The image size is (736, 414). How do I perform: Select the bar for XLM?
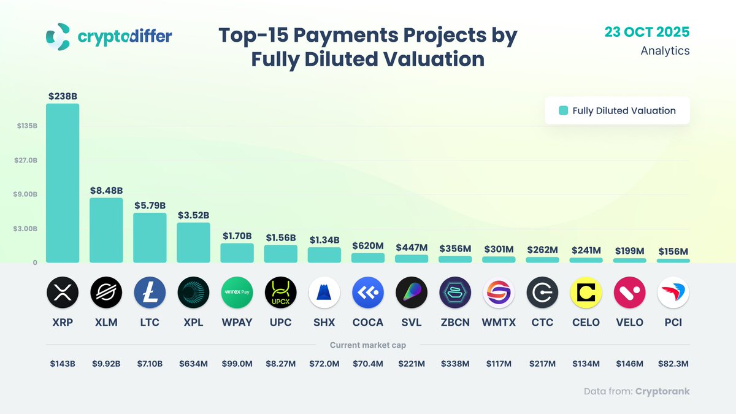[106, 230]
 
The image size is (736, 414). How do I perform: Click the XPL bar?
[193, 242]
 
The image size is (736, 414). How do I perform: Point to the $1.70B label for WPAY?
[237, 236]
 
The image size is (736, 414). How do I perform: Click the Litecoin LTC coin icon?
[150, 293]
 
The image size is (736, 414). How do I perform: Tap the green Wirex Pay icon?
[237, 293]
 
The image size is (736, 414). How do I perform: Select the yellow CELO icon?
[586, 293]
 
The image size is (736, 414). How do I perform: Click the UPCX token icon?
[280, 293]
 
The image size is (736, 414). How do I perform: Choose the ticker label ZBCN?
[455, 323]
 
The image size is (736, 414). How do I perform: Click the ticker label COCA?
[368, 323]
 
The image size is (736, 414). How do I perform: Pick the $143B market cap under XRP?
[63, 364]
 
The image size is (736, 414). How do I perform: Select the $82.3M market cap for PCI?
[673, 364]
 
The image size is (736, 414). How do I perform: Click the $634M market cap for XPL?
[193, 364]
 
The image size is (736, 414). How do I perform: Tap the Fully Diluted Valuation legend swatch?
[563, 111]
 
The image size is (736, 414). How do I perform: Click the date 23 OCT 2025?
[646, 32]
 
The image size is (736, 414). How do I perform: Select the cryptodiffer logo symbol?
[58, 37]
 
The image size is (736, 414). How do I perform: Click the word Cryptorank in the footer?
[662, 391]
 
